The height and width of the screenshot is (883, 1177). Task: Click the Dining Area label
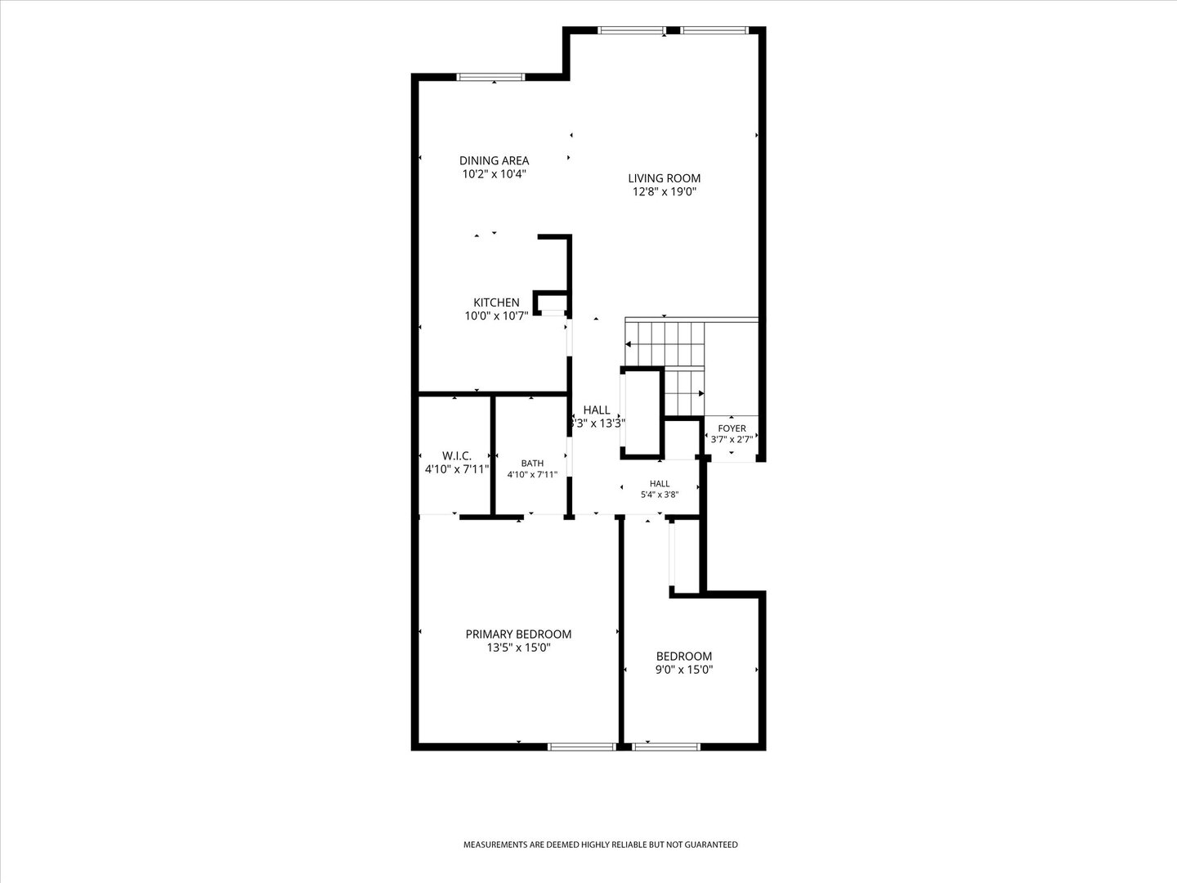pos(494,160)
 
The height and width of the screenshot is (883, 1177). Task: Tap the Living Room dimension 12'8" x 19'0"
pos(665,191)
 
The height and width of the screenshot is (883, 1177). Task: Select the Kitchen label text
pos(496,303)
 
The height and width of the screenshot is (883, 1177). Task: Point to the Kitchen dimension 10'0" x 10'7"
pos(496,316)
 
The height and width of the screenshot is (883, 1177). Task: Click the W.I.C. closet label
pos(457,455)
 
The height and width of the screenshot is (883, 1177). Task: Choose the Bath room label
pos(532,464)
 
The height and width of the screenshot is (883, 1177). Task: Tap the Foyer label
pos(732,428)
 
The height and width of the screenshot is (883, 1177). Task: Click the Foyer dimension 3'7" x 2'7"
pos(732,440)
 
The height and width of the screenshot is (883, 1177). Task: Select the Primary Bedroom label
pos(518,634)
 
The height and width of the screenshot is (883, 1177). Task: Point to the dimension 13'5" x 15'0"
pos(518,648)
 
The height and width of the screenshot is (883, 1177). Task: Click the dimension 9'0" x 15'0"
pos(684,670)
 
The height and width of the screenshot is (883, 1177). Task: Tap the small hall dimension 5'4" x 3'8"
pos(660,495)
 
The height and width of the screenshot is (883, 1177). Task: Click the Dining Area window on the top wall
pos(490,77)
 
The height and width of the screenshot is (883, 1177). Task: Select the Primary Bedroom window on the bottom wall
pos(582,746)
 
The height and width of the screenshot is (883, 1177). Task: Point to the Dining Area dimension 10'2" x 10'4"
pos(495,173)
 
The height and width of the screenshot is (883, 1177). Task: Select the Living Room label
pos(665,178)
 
